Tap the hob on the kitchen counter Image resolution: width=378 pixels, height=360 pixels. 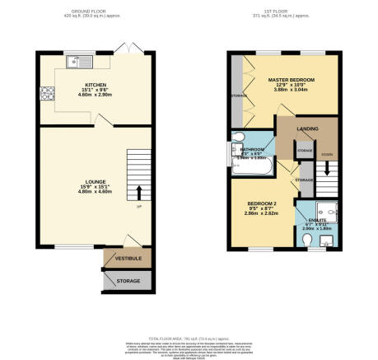coord(44,93)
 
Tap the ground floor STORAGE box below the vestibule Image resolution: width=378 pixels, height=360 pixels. coord(122,281)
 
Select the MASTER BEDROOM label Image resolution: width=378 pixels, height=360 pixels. coord(291,80)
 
